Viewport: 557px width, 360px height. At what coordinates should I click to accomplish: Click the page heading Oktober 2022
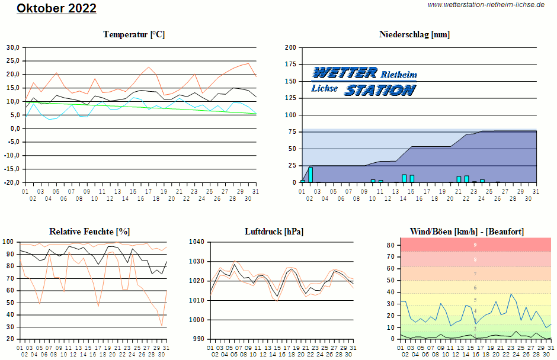(x=56, y=8)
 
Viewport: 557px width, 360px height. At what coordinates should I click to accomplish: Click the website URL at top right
(x=486, y=5)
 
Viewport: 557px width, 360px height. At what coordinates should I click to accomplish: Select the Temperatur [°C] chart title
(x=134, y=34)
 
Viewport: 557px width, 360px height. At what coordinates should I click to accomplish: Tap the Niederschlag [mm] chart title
(x=414, y=34)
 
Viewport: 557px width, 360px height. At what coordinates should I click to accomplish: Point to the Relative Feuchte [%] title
(x=89, y=231)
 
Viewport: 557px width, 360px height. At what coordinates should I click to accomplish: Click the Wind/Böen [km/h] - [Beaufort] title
(x=467, y=231)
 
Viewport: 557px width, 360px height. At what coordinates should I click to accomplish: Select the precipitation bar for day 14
(x=404, y=178)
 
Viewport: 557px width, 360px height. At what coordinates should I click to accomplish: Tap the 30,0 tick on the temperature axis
(x=13, y=47)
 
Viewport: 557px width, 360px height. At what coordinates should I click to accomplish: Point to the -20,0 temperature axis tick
(x=12, y=182)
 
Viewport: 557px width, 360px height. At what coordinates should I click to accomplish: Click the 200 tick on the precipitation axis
(x=290, y=47)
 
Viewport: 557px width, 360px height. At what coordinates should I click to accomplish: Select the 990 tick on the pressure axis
(x=198, y=339)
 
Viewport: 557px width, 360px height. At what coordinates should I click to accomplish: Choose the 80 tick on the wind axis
(x=392, y=245)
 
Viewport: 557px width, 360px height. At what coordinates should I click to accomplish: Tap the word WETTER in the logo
(x=344, y=73)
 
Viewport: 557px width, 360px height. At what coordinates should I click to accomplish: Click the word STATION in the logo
(x=380, y=90)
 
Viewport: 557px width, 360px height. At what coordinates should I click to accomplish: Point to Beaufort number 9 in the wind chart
(x=475, y=245)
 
